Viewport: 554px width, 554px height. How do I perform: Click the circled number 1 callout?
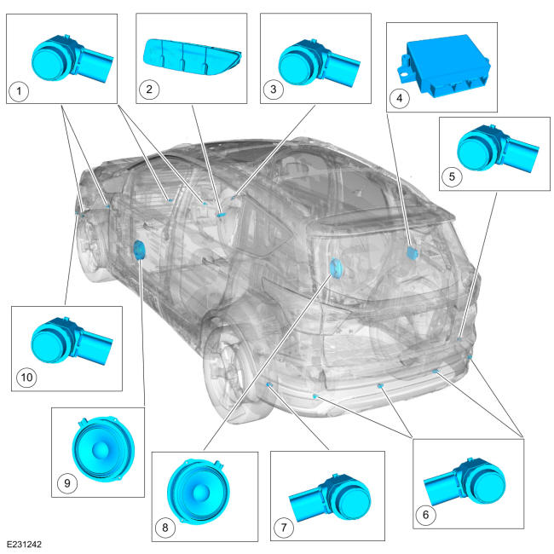coord(19,91)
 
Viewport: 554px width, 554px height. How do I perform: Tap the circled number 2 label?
coord(149,89)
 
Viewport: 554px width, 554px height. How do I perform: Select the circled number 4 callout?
coord(400,98)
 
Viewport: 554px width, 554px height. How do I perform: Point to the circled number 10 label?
coord(27,378)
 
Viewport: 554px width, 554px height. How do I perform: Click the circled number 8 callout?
coord(165,528)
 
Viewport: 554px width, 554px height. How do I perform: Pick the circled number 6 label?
coord(426,515)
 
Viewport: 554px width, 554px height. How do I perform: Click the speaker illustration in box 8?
coord(199,491)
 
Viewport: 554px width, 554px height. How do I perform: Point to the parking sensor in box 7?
coord(330,498)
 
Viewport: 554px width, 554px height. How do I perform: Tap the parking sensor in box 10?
coord(72,341)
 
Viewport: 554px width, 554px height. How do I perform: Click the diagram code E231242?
coord(25,544)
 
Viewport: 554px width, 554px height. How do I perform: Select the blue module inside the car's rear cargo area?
coord(412,253)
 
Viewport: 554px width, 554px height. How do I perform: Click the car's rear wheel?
coord(234,367)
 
